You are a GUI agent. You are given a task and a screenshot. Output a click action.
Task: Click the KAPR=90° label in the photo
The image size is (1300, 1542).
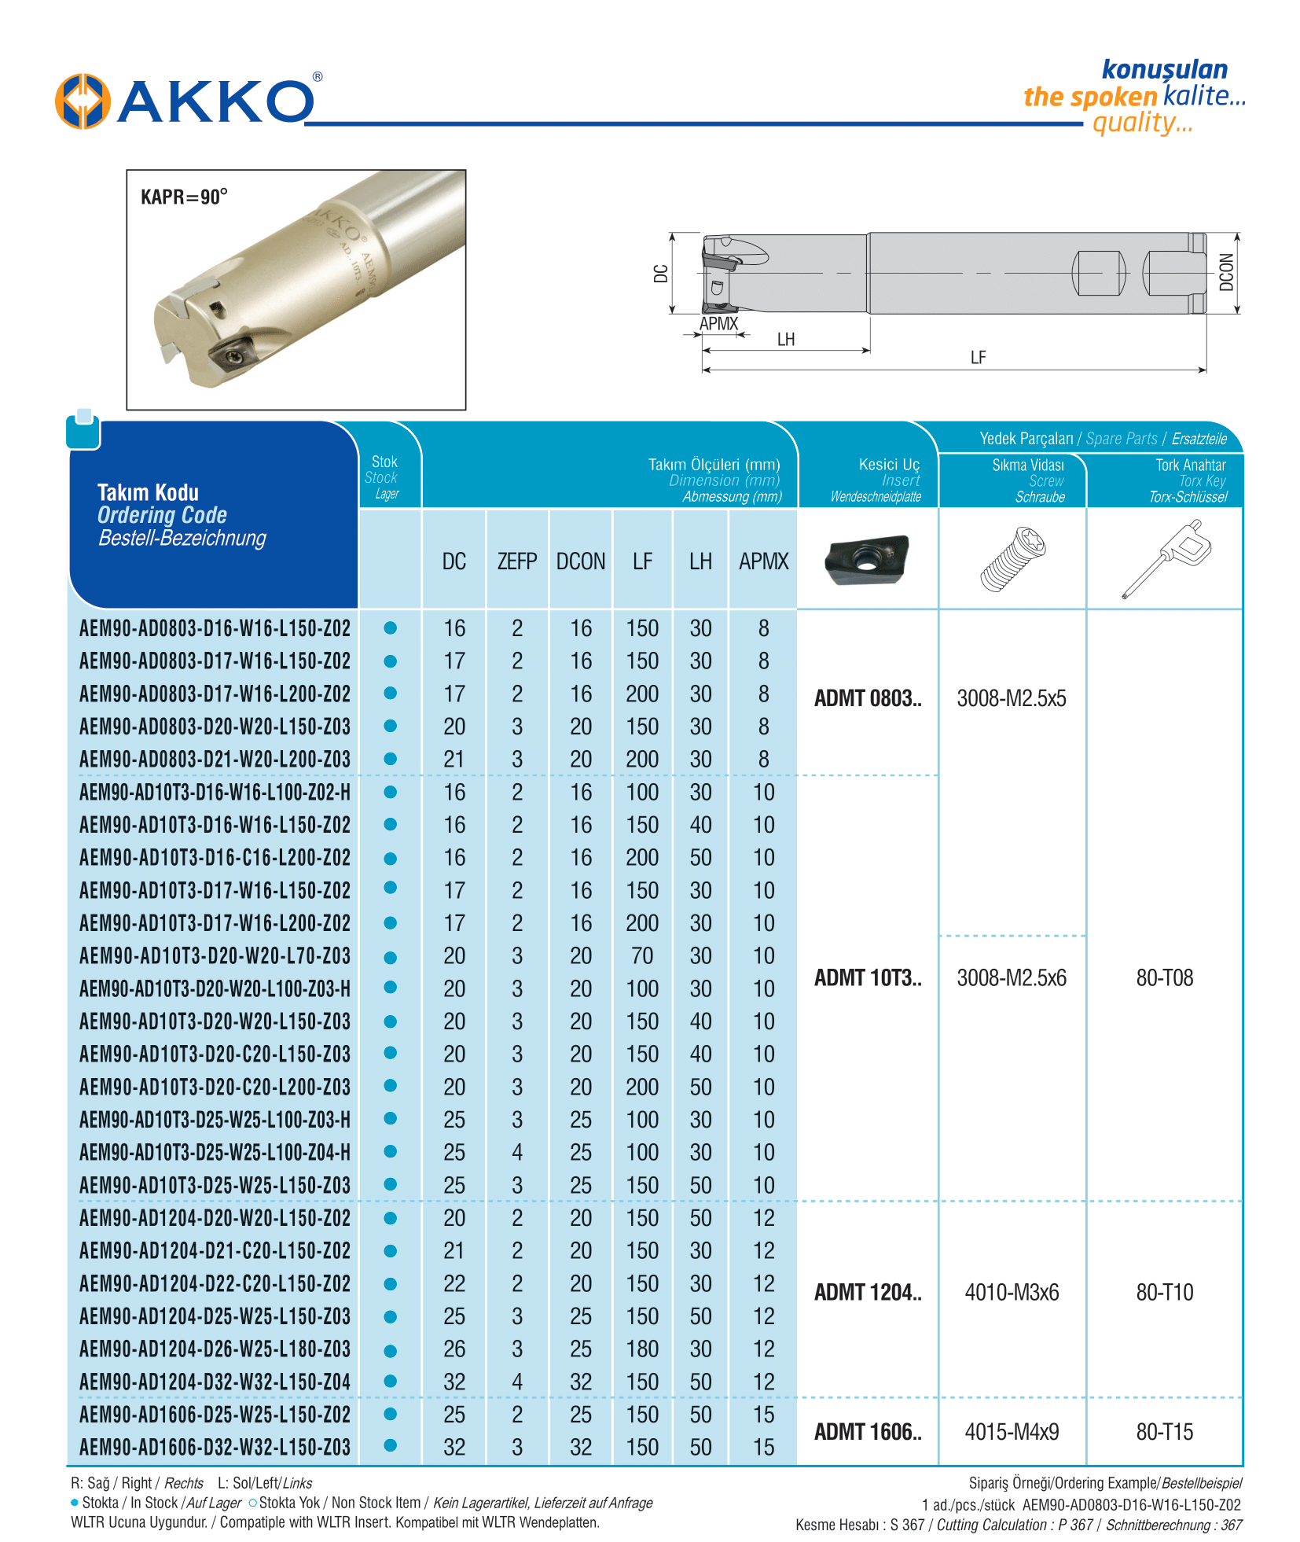pos(184,197)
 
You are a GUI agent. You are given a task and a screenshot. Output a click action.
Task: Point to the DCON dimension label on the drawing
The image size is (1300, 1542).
pos(1225,272)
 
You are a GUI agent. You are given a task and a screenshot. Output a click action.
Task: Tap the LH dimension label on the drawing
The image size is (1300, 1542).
pos(785,340)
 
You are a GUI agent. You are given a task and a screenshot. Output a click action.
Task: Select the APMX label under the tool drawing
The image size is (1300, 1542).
pos(718,324)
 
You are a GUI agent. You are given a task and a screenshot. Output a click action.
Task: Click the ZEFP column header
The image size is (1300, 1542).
pos(516,561)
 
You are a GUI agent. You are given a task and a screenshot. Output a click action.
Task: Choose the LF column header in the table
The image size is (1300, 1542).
pos(642,561)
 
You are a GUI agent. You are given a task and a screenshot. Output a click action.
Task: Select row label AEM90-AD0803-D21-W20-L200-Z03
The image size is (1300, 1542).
pos(215,760)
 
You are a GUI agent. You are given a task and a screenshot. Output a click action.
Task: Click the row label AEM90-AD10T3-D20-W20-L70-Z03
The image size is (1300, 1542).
pos(215,956)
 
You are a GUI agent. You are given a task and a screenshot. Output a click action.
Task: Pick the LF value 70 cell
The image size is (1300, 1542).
pos(642,956)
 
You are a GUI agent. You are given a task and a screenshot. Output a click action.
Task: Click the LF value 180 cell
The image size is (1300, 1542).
pos(642,1349)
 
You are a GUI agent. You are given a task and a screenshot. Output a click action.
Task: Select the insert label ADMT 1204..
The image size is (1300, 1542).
pos(867,1293)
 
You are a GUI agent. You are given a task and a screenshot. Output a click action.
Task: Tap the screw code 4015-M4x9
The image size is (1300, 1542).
pos(1012,1432)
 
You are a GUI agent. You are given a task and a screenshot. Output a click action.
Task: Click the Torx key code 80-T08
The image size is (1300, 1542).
pos(1164,978)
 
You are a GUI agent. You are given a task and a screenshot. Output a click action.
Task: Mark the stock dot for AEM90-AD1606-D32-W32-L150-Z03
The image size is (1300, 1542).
pos(390,1445)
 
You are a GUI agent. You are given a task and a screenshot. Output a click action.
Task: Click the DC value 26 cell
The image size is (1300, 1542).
pos(454,1349)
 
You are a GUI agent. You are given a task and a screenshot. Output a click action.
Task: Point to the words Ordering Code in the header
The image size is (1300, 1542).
pos(162,516)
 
